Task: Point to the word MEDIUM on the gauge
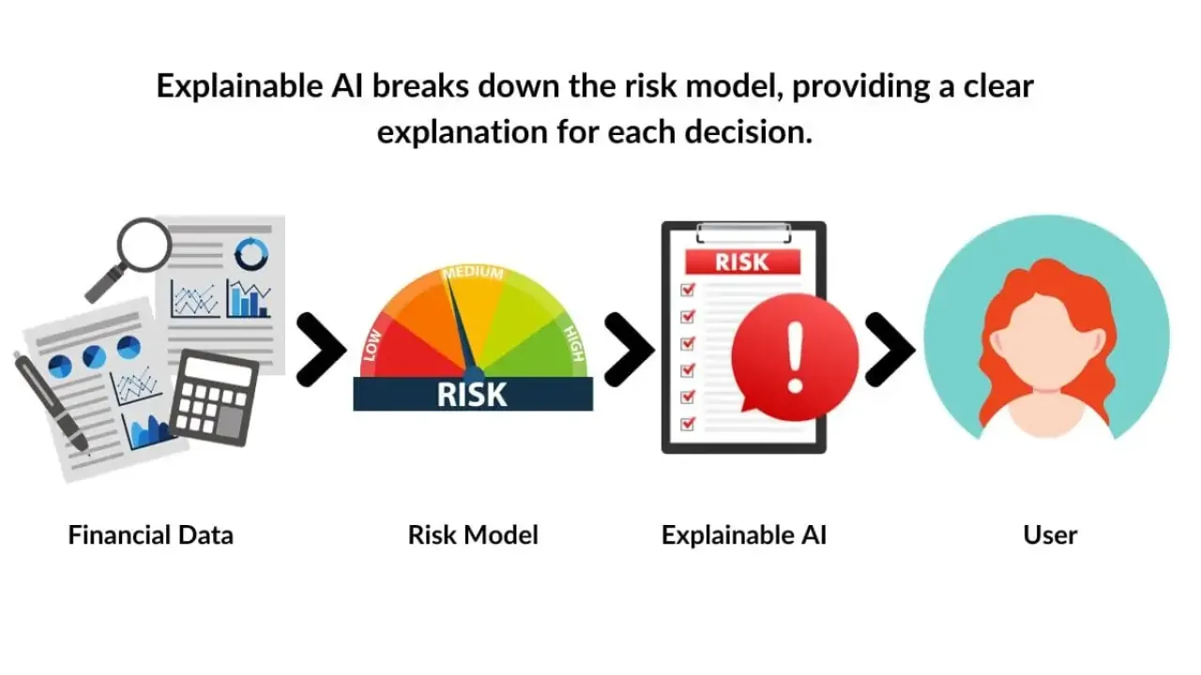pos(473,274)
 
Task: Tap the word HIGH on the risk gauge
pos(574,343)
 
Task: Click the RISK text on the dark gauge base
pos(473,394)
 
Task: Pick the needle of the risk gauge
pos(460,323)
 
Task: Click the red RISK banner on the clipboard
pos(743,262)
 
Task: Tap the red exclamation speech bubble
pos(794,356)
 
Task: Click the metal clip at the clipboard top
pos(743,231)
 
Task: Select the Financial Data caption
pos(150,535)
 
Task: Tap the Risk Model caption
pos(473,535)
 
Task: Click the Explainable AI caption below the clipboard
pos(743,535)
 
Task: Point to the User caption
pos(1050,535)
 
